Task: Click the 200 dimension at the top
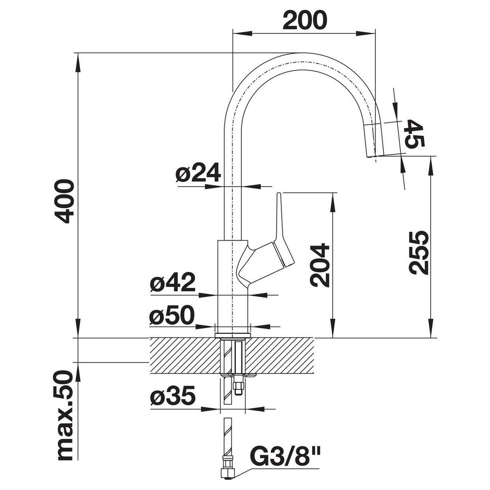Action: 305,20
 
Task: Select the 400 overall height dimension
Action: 64,201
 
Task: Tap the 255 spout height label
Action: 419,253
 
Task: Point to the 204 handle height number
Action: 320,265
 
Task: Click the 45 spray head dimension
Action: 414,133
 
